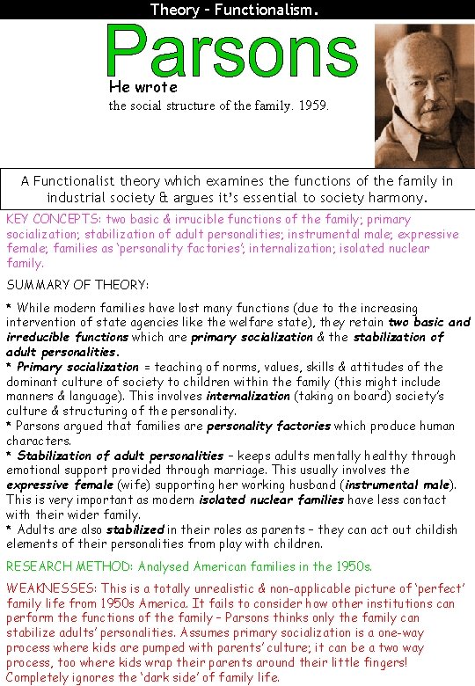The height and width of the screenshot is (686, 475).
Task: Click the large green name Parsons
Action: point(231,51)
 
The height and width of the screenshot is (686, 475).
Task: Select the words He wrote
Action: point(143,87)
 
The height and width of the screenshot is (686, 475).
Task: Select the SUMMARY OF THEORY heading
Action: point(77,285)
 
